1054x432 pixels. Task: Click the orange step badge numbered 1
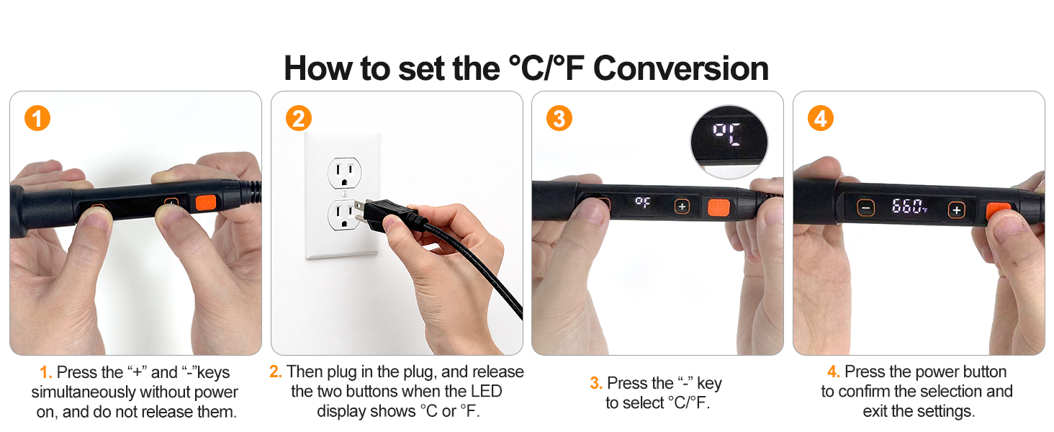(37, 118)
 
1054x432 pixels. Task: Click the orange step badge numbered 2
(298, 118)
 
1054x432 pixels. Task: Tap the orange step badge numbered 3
(559, 118)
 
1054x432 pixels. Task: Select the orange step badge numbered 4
(820, 118)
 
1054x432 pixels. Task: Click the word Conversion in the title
(681, 68)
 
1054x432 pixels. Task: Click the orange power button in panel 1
(206, 203)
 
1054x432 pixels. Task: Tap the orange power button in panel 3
(719, 207)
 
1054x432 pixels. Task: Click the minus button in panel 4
(865, 207)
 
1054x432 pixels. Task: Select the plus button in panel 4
(955, 210)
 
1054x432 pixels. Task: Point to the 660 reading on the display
(906, 206)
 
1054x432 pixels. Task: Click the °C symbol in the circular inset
(726, 134)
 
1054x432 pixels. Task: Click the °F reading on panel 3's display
(642, 202)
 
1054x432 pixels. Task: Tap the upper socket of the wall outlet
(344, 173)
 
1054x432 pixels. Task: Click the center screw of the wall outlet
(344, 194)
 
